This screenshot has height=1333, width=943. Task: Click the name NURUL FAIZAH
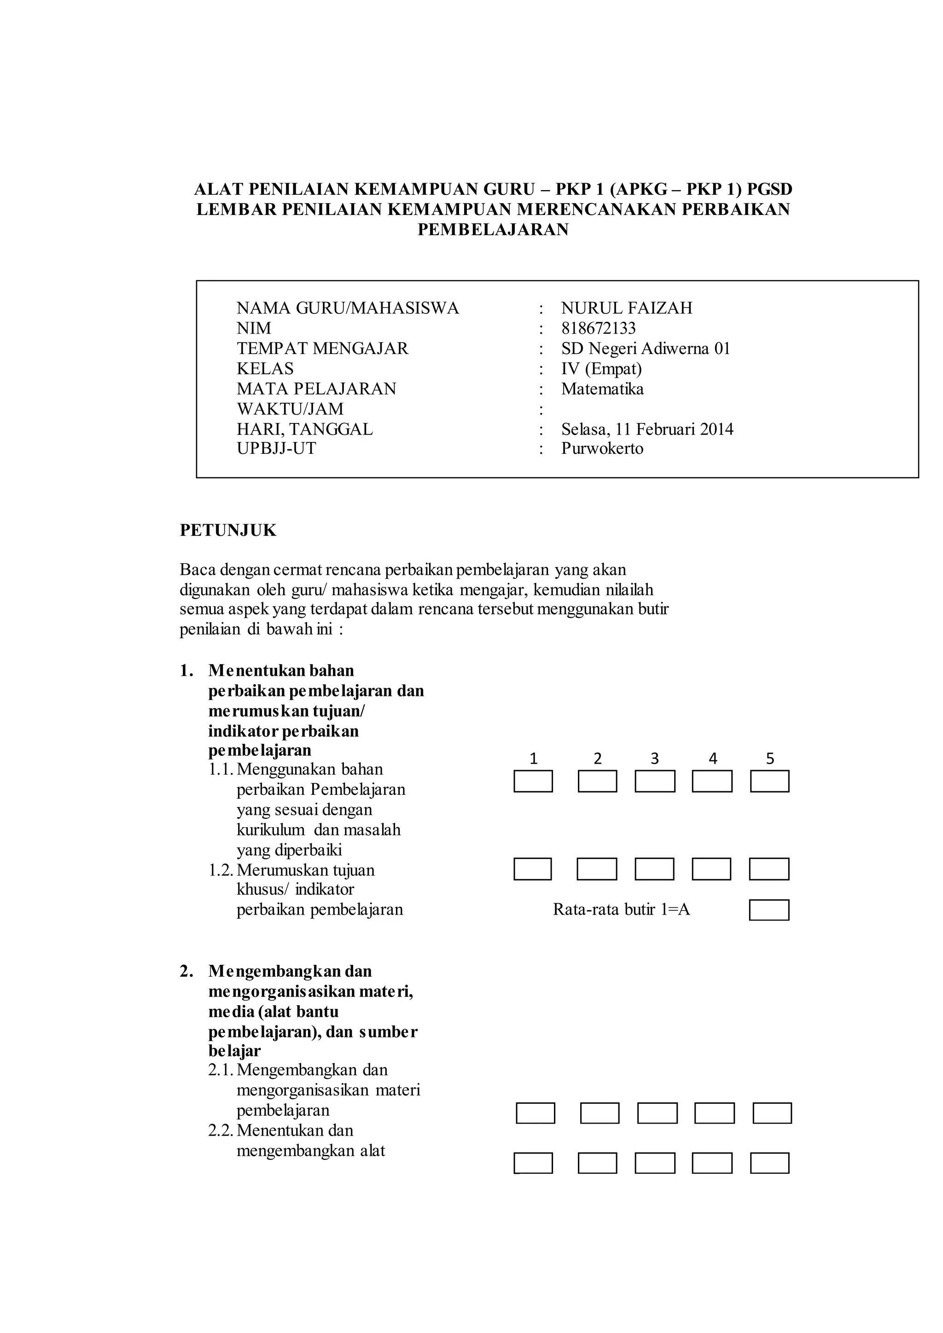point(627,308)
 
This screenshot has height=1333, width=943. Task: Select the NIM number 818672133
point(598,328)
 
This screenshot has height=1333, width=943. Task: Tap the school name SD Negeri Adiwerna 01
point(645,348)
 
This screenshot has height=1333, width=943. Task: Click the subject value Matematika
point(602,388)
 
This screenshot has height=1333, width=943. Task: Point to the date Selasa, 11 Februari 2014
point(647,429)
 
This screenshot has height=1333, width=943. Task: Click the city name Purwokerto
point(602,449)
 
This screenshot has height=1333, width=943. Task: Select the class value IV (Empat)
point(601,369)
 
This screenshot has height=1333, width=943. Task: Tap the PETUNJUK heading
point(228,531)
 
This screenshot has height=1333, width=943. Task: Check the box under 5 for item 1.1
point(769,782)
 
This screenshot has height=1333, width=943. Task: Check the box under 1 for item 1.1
point(533,782)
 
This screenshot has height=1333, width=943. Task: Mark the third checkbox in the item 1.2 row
point(654,869)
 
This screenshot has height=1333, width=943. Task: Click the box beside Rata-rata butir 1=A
point(769,910)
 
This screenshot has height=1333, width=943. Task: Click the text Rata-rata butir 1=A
point(621,909)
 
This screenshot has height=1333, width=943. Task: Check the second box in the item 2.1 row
point(599,1113)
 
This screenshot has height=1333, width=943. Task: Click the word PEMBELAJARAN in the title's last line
point(493,230)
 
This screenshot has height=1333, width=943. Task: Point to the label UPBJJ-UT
point(276,449)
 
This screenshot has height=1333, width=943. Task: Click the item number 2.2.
point(221,1130)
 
